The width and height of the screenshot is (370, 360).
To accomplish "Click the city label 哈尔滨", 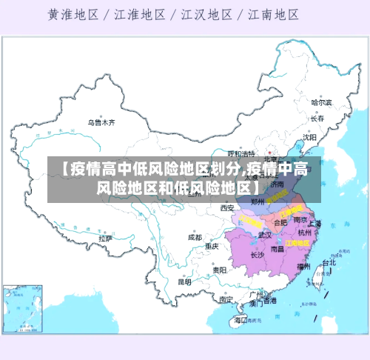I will pos(322,102).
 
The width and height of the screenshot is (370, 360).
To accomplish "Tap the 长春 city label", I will pos(317,119).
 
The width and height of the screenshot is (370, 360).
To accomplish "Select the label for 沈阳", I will pos(309,137).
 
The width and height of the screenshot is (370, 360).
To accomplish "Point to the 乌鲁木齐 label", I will pos(102,122).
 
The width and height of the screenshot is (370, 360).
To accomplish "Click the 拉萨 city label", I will pos(105,239).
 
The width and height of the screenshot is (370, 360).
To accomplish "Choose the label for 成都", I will pos(195,238).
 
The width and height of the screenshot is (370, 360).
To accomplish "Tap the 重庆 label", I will pos(212,246).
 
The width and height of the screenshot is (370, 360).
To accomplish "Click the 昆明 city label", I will pos(184,281).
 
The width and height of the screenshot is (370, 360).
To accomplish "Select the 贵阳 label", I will pos(219,270).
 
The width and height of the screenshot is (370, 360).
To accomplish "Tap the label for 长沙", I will pos(258,255).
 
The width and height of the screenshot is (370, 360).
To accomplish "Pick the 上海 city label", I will pos(314,223).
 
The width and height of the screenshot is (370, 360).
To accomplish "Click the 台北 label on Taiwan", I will pos(329,262).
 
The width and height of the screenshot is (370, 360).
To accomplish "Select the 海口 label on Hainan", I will pos(240,321).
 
